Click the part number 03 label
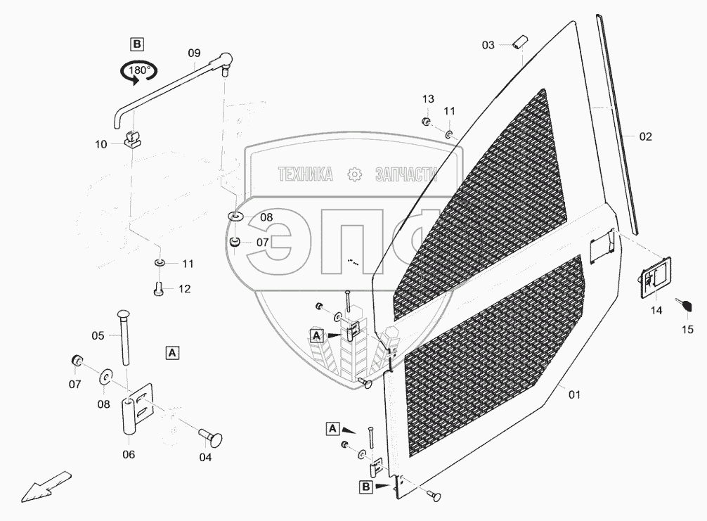(488, 45)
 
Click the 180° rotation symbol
(138, 71)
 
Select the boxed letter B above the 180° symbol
(137, 44)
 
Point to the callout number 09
(195, 53)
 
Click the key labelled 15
(685, 304)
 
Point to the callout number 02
(645, 137)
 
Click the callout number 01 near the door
(574, 394)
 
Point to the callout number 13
(429, 98)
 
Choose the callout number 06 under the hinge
(129, 454)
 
